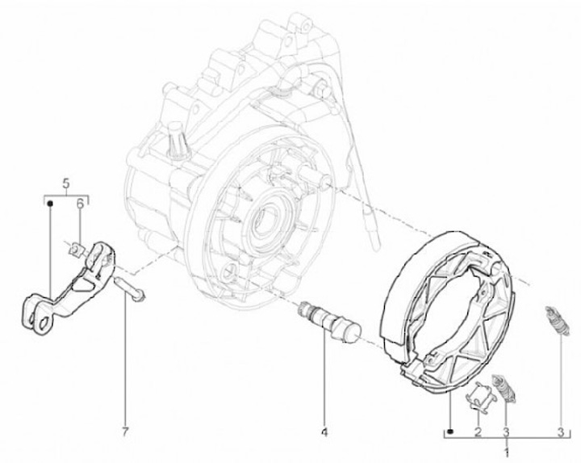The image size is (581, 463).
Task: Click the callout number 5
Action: point(66,183)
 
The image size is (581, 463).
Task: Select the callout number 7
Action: point(125,431)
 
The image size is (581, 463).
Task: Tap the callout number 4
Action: point(324,431)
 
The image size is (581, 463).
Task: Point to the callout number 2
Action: point(478,431)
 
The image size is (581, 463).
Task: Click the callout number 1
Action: point(507,452)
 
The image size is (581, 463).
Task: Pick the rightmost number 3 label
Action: point(561,431)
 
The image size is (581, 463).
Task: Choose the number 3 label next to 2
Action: point(507,431)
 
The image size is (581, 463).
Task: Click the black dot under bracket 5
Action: point(50,203)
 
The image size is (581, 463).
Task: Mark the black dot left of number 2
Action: point(450,431)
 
